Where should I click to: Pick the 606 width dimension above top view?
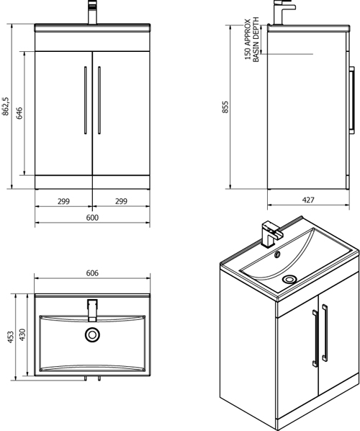click(92, 274)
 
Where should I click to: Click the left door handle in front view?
click(86, 100)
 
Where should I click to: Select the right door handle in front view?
click(99, 100)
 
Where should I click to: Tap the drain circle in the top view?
click(92, 334)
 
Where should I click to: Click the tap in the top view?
click(91, 309)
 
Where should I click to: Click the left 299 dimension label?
click(63, 203)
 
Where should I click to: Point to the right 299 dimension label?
click(121, 203)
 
